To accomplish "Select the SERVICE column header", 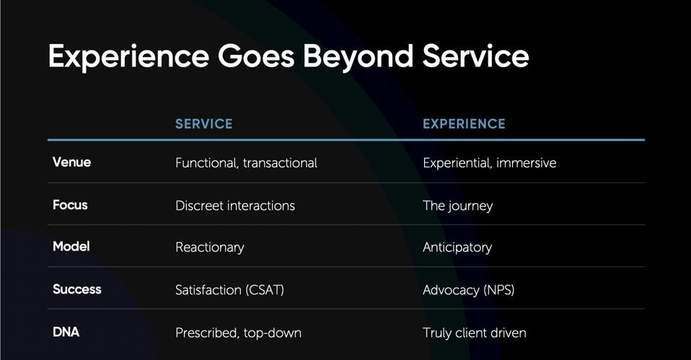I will point(203,124).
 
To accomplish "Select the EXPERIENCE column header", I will point(464,124).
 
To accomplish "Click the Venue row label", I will point(71,162).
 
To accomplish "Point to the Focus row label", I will point(70,205).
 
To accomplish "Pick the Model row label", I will point(71,247).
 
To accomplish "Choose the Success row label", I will point(76,289).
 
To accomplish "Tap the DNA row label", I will point(66,332).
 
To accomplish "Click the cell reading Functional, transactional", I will point(246,163).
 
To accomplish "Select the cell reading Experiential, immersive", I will point(489,163).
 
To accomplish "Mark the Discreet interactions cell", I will point(235,206).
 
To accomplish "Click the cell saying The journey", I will point(457,206).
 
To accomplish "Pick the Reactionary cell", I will point(209,247).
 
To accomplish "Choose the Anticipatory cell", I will point(457,247).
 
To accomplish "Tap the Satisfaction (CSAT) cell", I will point(229,290).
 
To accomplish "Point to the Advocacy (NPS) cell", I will point(468,290).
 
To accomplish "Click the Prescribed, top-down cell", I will point(238,333).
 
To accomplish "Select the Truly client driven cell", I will point(474,333).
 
